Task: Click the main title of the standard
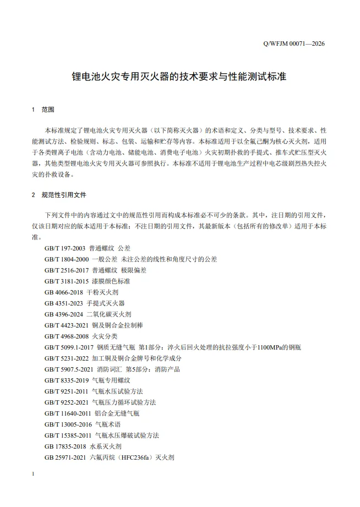[179, 76]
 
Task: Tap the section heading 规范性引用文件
[64, 195]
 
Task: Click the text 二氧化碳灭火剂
[109, 314]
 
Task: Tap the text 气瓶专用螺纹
[112, 380]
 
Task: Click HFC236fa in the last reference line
[133, 457]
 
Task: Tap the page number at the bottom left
[34, 475]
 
